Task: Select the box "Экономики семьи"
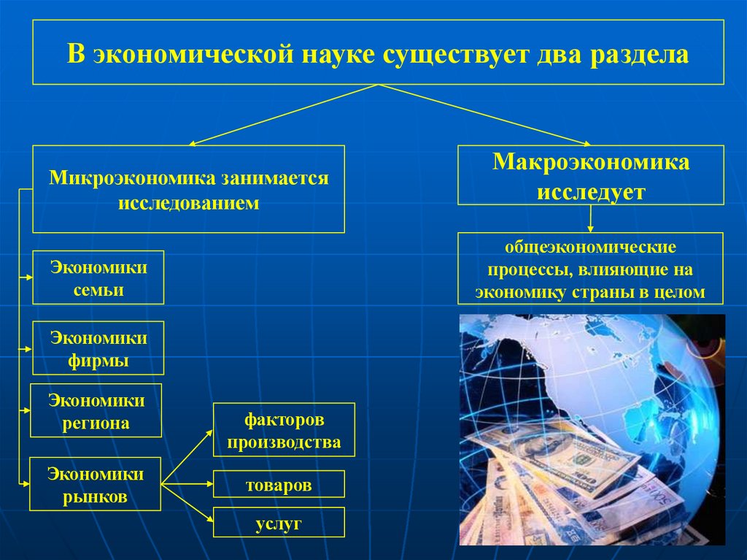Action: tap(98, 278)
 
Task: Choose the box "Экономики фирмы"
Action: tap(98, 349)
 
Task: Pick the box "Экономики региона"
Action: tap(96, 411)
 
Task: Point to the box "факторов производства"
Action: tap(284, 431)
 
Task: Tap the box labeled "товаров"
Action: tap(279, 485)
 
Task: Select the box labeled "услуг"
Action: tap(279, 523)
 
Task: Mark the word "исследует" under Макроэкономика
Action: tap(591, 191)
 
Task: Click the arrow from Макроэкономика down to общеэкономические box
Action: tap(591, 218)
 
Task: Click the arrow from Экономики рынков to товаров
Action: tap(187, 483)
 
